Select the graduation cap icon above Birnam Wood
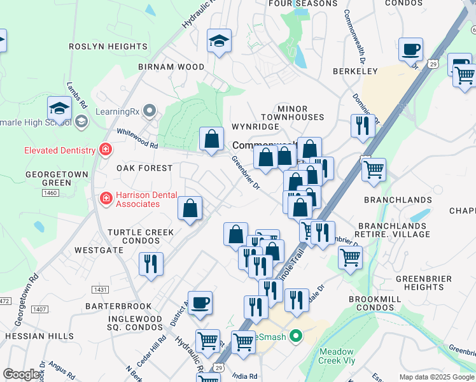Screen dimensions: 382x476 coord(219,42)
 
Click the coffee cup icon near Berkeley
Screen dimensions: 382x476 coord(410,49)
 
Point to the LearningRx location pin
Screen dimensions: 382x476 coord(150,111)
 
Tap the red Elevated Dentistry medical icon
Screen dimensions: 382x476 coord(105,150)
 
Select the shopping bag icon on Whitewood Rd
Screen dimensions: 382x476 coord(211,138)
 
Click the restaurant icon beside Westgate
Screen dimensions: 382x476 coord(151,264)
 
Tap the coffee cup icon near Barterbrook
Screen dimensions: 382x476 coord(200,302)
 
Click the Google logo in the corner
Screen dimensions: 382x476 coord(22,374)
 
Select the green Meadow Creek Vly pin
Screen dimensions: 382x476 coord(295,336)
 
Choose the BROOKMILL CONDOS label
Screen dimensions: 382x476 coord(380,303)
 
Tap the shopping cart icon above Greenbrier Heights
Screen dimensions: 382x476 coord(350,258)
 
